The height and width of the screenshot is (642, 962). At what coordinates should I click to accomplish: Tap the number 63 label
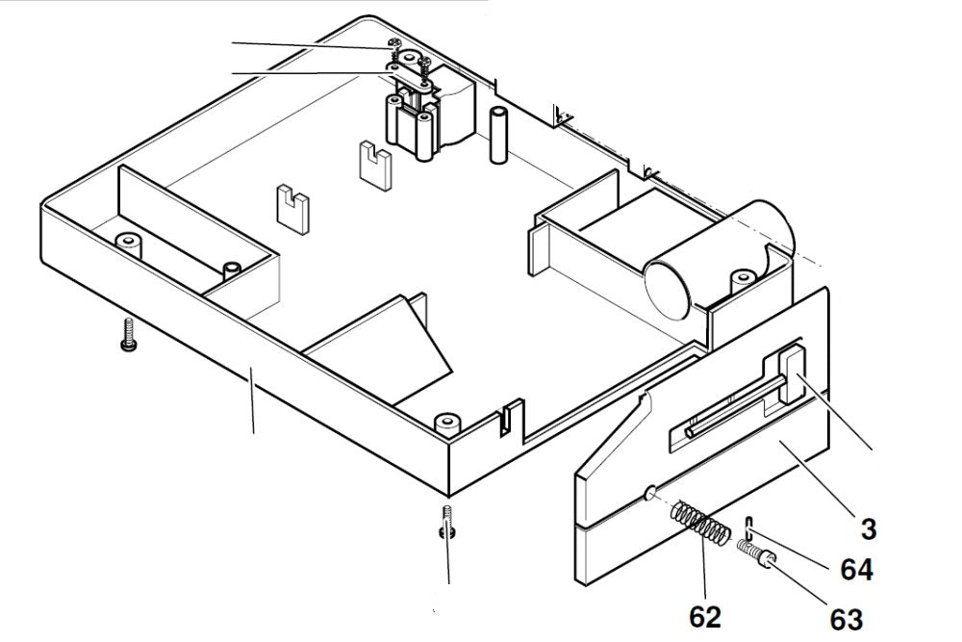click(x=839, y=617)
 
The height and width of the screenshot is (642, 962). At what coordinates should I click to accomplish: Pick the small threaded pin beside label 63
click(x=756, y=553)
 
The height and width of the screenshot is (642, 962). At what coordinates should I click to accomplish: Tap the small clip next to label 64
click(x=748, y=527)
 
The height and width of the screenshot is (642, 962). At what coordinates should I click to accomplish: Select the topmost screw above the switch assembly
click(x=393, y=44)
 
